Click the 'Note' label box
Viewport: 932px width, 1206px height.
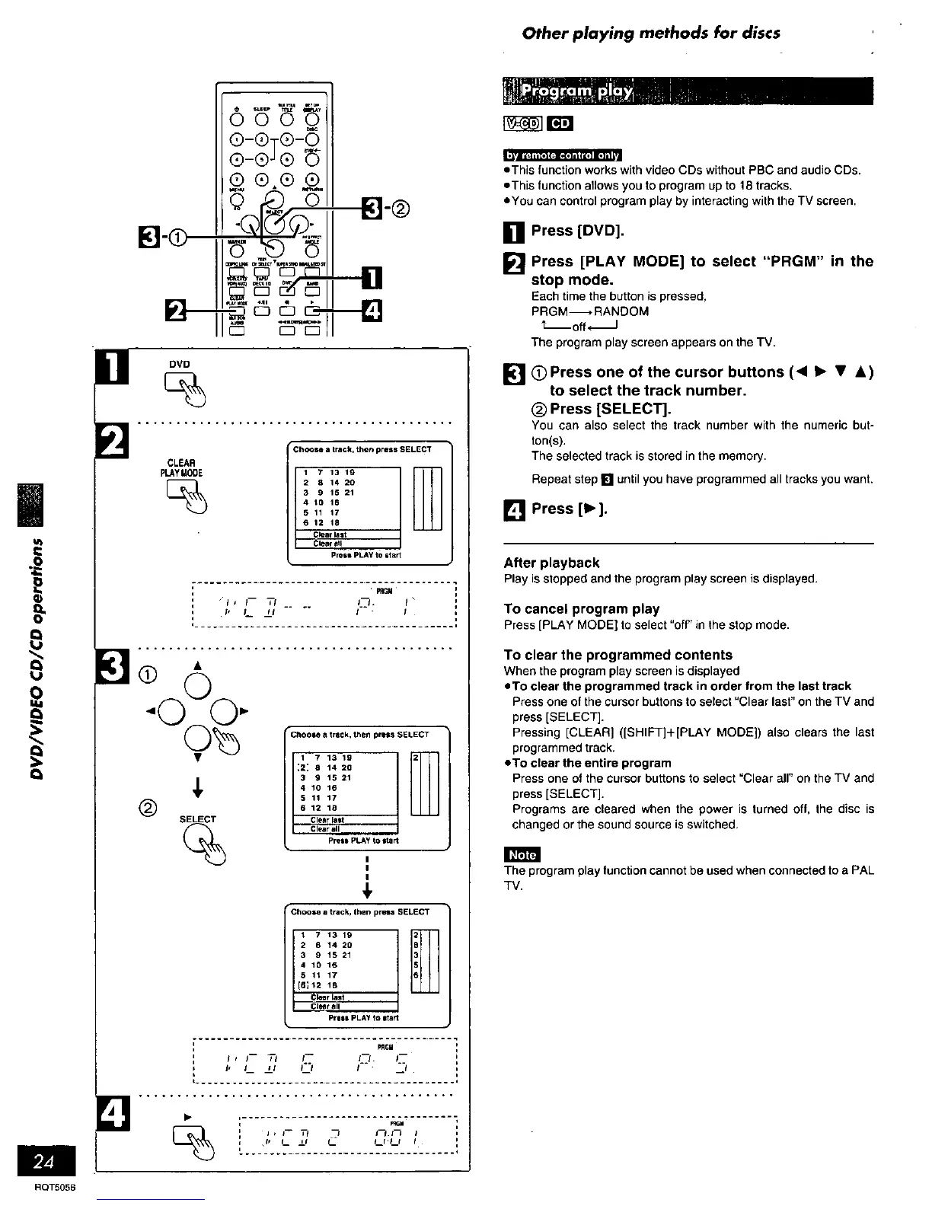tap(522, 855)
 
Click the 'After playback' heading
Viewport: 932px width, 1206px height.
tap(551, 563)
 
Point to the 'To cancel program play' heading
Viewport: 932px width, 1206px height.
tap(581, 609)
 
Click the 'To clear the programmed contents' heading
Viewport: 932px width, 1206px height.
tap(618, 655)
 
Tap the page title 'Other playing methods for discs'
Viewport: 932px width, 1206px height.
tap(651, 33)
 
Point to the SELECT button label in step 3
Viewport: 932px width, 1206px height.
tap(197, 819)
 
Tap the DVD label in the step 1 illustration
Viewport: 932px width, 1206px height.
tap(180, 364)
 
